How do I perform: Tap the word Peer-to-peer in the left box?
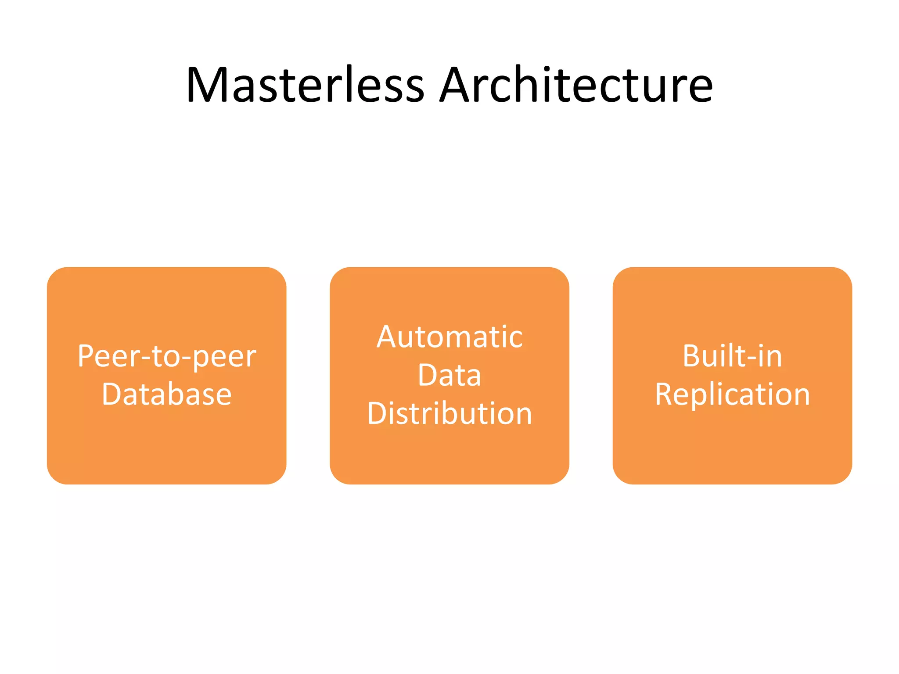167,356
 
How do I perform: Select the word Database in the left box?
167,394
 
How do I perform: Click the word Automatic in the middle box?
449,337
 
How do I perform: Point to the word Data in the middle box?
449,375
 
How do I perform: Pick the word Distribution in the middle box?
449,413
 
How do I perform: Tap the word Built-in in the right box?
732,356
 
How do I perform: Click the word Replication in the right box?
732,394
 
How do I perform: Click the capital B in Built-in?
691,356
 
